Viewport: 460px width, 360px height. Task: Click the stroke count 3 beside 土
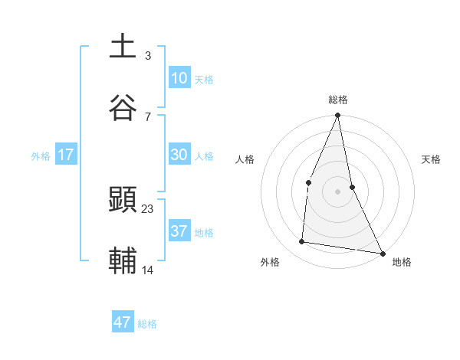[148, 56]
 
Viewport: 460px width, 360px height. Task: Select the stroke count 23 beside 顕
[148, 209]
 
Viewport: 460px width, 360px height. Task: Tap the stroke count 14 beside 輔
[148, 270]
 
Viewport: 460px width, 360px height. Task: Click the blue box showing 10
[179, 78]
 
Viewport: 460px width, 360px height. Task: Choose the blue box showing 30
[179, 155]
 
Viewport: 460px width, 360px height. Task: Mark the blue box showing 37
[179, 231]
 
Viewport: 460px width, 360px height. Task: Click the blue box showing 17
[66, 155]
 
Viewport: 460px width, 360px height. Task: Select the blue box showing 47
[123, 322]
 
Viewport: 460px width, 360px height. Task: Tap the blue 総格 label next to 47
[147, 324]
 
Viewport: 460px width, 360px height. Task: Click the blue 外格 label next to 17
[41, 156]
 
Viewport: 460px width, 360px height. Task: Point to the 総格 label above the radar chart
[338, 100]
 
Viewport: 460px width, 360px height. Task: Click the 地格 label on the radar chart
[402, 262]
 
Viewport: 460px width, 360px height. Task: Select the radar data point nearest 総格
[338, 116]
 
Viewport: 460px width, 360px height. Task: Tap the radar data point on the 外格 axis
[302, 242]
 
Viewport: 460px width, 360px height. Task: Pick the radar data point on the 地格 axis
[383, 253]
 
